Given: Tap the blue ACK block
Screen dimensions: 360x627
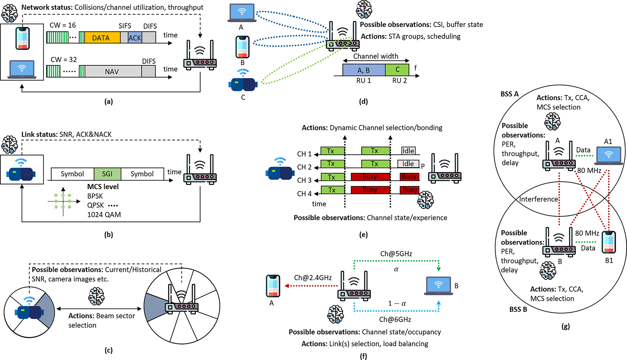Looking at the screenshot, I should click(x=135, y=38).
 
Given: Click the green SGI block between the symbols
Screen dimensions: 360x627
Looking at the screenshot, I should click(x=107, y=174).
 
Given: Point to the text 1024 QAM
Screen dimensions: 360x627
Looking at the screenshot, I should click(x=104, y=215).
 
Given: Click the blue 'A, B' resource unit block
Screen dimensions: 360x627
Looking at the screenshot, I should click(x=364, y=70).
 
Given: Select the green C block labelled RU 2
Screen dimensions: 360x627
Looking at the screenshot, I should click(x=397, y=70).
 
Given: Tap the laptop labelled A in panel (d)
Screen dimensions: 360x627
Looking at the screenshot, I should click(x=242, y=13).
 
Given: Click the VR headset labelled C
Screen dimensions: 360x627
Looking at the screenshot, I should click(x=243, y=84).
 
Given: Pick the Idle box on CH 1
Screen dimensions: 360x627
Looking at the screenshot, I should click(x=408, y=151).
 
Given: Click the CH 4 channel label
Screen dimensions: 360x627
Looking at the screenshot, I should click(x=304, y=194).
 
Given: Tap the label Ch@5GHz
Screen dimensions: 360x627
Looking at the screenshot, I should click(x=396, y=254).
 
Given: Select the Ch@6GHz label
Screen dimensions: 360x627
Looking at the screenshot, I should click(x=395, y=319).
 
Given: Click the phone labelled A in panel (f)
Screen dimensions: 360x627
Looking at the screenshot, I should click(x=273, y=286).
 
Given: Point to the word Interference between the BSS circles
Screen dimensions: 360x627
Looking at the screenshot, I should click(x=539, y=199).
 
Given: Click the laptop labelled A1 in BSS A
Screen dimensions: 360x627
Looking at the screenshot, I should click(x=609, y=155).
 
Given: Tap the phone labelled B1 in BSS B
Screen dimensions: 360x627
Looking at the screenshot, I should click(x=609, y=242).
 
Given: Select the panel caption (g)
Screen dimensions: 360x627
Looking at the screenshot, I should click(x=565, y=326).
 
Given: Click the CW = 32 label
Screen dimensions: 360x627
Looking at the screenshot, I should click(x=64, y=60).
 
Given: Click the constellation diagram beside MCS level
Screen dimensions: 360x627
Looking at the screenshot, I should click(x=63, y=201).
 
